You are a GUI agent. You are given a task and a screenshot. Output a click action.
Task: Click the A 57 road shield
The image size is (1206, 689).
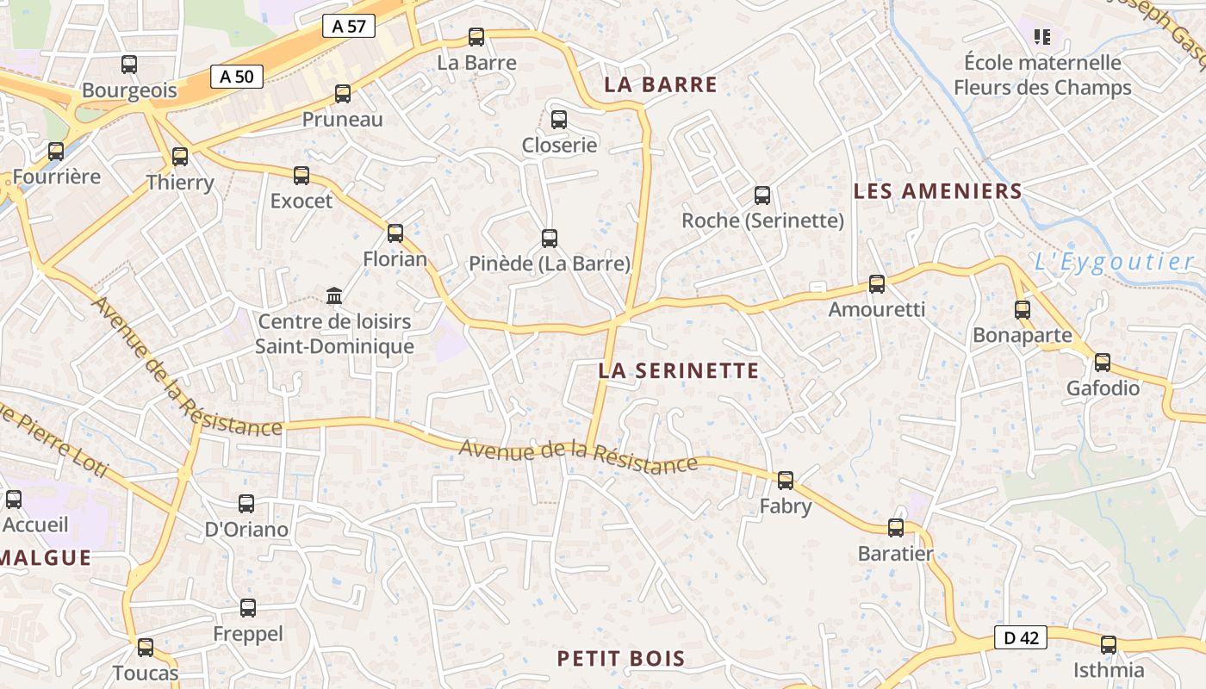point(349,26)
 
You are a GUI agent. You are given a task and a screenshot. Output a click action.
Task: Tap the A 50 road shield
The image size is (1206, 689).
point(237,77)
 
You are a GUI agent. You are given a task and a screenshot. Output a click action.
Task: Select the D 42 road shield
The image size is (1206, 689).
point(1022,637)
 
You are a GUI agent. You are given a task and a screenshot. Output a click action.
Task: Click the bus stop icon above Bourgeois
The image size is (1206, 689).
point(129,64)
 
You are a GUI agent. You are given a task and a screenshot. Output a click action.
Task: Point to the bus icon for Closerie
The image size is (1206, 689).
point(559,119)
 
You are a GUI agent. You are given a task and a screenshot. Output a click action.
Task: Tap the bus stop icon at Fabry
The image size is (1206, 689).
point(786,480)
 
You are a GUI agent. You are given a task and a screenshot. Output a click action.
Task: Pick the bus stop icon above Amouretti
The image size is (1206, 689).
point(877,283)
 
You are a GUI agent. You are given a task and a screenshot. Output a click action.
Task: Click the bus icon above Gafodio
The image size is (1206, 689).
point(1103,362)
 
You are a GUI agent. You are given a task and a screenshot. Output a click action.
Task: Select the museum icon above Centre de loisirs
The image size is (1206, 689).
point(334,296)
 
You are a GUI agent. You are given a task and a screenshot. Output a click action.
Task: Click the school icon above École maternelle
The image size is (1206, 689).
point(1042,36)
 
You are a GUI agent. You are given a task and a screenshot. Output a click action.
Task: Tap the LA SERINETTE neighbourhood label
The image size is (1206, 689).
point(679,371)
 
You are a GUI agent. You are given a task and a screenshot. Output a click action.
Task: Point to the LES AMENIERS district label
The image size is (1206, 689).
point(937,191)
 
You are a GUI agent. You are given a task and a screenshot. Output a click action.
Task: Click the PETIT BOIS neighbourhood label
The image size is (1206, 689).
point(621,659)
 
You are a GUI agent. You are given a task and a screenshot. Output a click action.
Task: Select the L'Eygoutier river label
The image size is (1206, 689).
point(1113,262)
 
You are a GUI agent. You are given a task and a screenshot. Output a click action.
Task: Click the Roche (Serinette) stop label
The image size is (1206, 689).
point(762,220)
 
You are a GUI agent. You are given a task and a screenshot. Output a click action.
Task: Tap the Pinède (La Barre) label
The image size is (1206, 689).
point(550,264)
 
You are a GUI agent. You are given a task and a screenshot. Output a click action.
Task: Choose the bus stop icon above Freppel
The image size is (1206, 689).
point(248,608)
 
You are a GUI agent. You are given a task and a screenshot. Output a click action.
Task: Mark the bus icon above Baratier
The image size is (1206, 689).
point(896,527)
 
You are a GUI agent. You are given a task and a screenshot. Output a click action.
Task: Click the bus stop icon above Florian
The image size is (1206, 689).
point(395,233)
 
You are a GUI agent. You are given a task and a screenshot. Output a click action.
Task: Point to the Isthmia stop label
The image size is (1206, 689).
point(1109,670)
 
